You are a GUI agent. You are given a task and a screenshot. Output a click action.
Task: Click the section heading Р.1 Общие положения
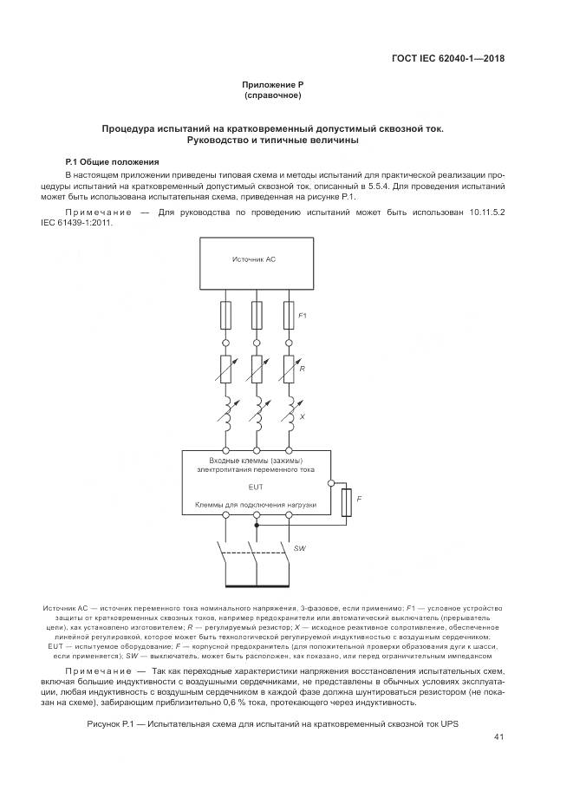coord(113,161)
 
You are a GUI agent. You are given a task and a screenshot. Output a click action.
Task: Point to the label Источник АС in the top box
coord(255,259)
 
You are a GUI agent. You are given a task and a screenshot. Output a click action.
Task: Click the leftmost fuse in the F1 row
coord(226,315)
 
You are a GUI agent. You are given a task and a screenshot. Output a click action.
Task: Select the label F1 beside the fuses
coord(303,316)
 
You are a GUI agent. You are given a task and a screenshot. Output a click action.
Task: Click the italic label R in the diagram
coord(301,370)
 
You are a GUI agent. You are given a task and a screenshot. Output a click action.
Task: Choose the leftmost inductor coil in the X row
coord(227,415)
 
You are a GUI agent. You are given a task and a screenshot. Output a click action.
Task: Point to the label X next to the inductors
coord(301,417)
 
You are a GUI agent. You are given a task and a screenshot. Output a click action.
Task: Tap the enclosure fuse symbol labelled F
coord(347,501)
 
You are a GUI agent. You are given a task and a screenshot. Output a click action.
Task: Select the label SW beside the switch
coord(300,549)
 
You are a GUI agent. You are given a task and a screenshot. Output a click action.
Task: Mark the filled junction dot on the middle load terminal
coord(256,525)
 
